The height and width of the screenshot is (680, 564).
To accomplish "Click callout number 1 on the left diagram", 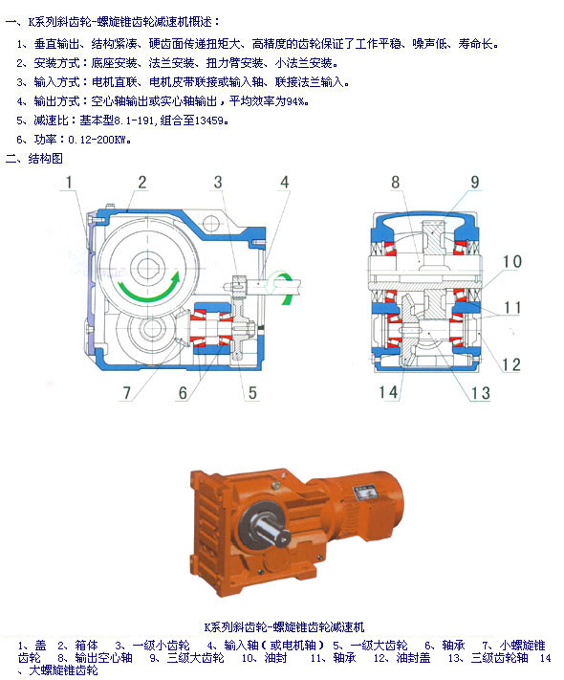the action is click(x=69, y=182).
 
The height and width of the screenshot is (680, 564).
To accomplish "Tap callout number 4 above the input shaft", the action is click(x=284, y=182).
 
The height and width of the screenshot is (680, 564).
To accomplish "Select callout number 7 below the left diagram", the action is click(x=126, y=393).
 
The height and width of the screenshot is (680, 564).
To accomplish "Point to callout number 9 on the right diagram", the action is click(x=475, y=182).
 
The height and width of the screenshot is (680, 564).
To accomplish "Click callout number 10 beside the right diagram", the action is click(x=511, y=261).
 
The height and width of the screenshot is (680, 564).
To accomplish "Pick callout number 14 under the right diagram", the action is click(x=388, y=392).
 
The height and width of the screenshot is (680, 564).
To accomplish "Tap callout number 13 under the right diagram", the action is click(x=480, y=393).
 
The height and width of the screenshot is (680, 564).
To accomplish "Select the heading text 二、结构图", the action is click(x=33, y=159).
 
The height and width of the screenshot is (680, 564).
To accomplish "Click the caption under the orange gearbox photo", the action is click(x=284, y=626).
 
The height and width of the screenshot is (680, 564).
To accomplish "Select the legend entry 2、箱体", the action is click(x=78, y=646).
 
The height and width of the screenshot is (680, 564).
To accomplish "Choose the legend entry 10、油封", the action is click(x=265, y=658).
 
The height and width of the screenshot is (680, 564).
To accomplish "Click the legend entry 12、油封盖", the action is click(x=401, y=658).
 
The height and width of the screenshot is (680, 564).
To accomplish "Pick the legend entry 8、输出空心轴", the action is click(x=95, y=658).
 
